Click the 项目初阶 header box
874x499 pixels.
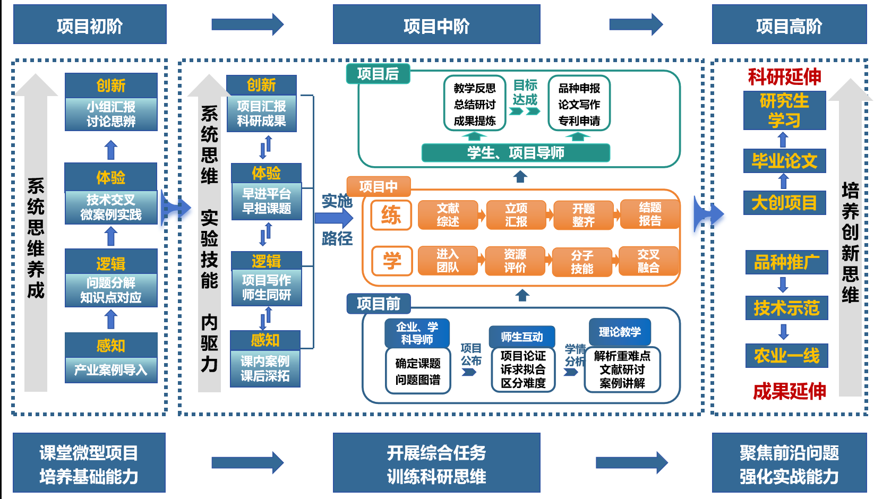click(x=90, y=24)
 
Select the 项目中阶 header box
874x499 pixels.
click(x=436, y=24)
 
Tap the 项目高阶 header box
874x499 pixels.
click(x=789, y=24)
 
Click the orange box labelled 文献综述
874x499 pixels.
click(x=448, y=214)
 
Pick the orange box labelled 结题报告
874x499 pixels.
click(x=649, y=214)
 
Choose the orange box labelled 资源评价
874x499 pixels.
click(x=515, y=261)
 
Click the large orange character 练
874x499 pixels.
click(x=391, y=215)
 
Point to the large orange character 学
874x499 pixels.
click(x=392, y=261)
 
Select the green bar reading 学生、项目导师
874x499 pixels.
click(x=515, y=153)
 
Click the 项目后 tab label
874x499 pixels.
click(x=378, y=74)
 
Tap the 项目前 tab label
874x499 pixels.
click(x=378, y=304)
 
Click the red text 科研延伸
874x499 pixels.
click(x=784, y=77)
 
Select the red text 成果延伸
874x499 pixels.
click(x=789, y=391)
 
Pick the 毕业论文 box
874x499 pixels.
click(x=784, y=161)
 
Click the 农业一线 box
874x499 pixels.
click(x=786, y=355)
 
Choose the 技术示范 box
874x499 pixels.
click(x=786, y=308)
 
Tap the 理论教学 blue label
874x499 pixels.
click(x=620, y=332)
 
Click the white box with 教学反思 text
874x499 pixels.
click(x=474, y=104)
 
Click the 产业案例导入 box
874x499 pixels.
click(x=111, y=370)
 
